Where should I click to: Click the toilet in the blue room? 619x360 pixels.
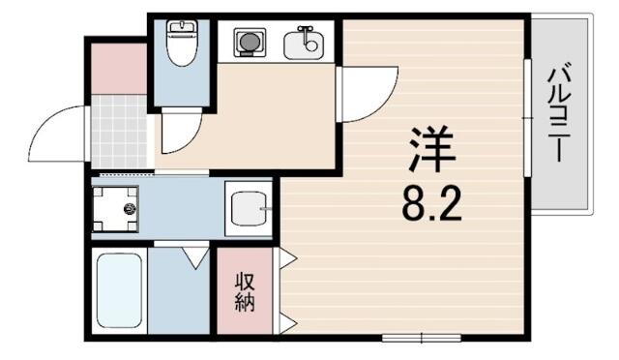pos(182,43)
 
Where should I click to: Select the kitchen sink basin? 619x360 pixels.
pos(304,45)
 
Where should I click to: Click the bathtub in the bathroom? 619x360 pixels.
pos(119,290)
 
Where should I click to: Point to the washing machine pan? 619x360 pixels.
pos(115,209)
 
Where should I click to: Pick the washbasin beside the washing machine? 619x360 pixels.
pos(249,208)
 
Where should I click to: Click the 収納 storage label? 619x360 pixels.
pos(245,292)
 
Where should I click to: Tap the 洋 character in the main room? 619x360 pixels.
pos(432,149)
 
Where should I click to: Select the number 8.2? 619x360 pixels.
pos(431,205)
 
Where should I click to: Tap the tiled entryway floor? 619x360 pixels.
pos(119,132)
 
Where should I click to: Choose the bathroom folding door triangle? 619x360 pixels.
pos(195,257)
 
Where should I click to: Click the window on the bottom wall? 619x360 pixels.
pos(422,338)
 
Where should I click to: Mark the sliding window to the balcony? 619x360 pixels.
pos(527,118)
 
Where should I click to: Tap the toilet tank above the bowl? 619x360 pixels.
pos(182,27)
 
